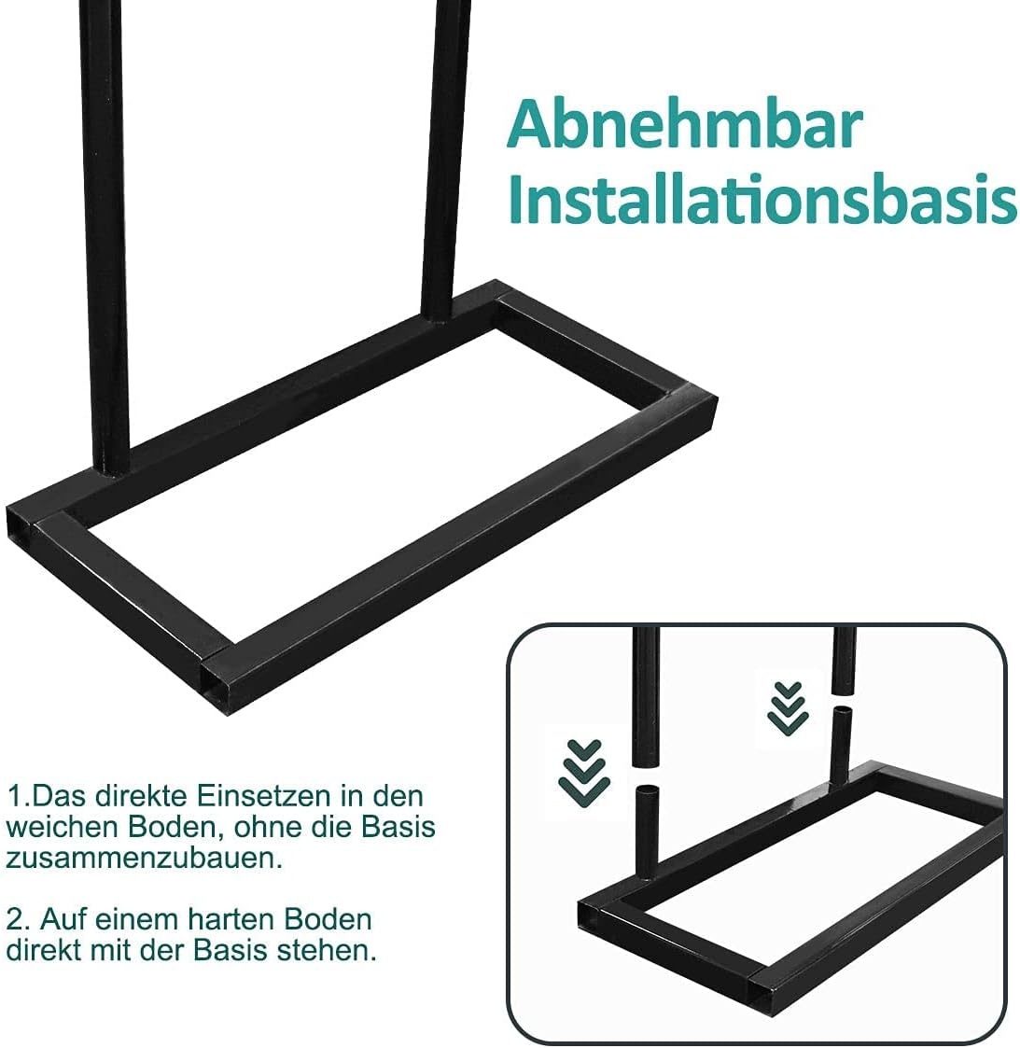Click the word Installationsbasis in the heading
pos(763,199)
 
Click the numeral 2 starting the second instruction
pos(14,919)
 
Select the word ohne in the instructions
pos(264,826)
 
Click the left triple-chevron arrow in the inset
pos(584,774)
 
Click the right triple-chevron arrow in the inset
pos(788,708)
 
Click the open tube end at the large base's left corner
pos(20,526)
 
